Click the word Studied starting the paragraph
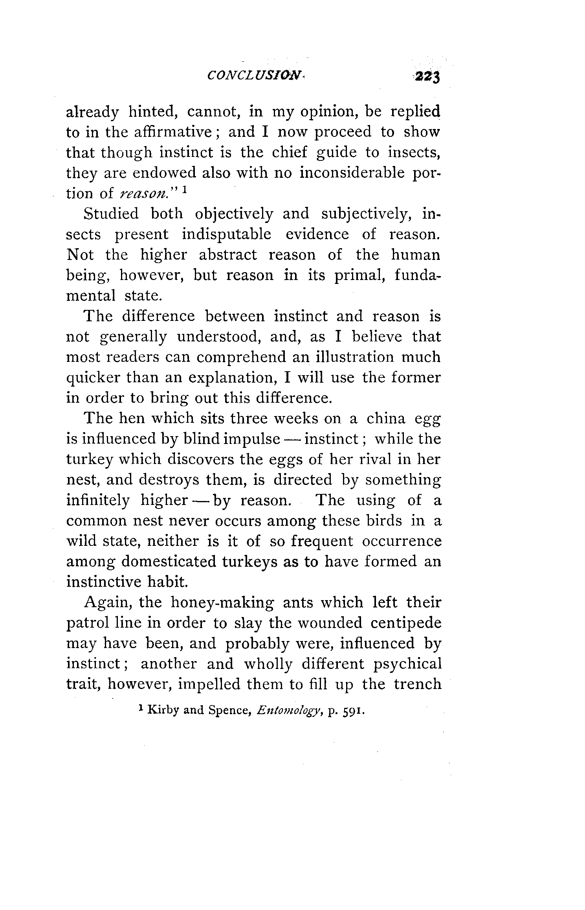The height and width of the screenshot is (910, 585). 111,214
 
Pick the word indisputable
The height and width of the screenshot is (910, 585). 226,234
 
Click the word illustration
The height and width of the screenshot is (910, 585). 349,357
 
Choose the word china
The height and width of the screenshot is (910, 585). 385,418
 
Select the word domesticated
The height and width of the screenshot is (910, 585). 169,562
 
